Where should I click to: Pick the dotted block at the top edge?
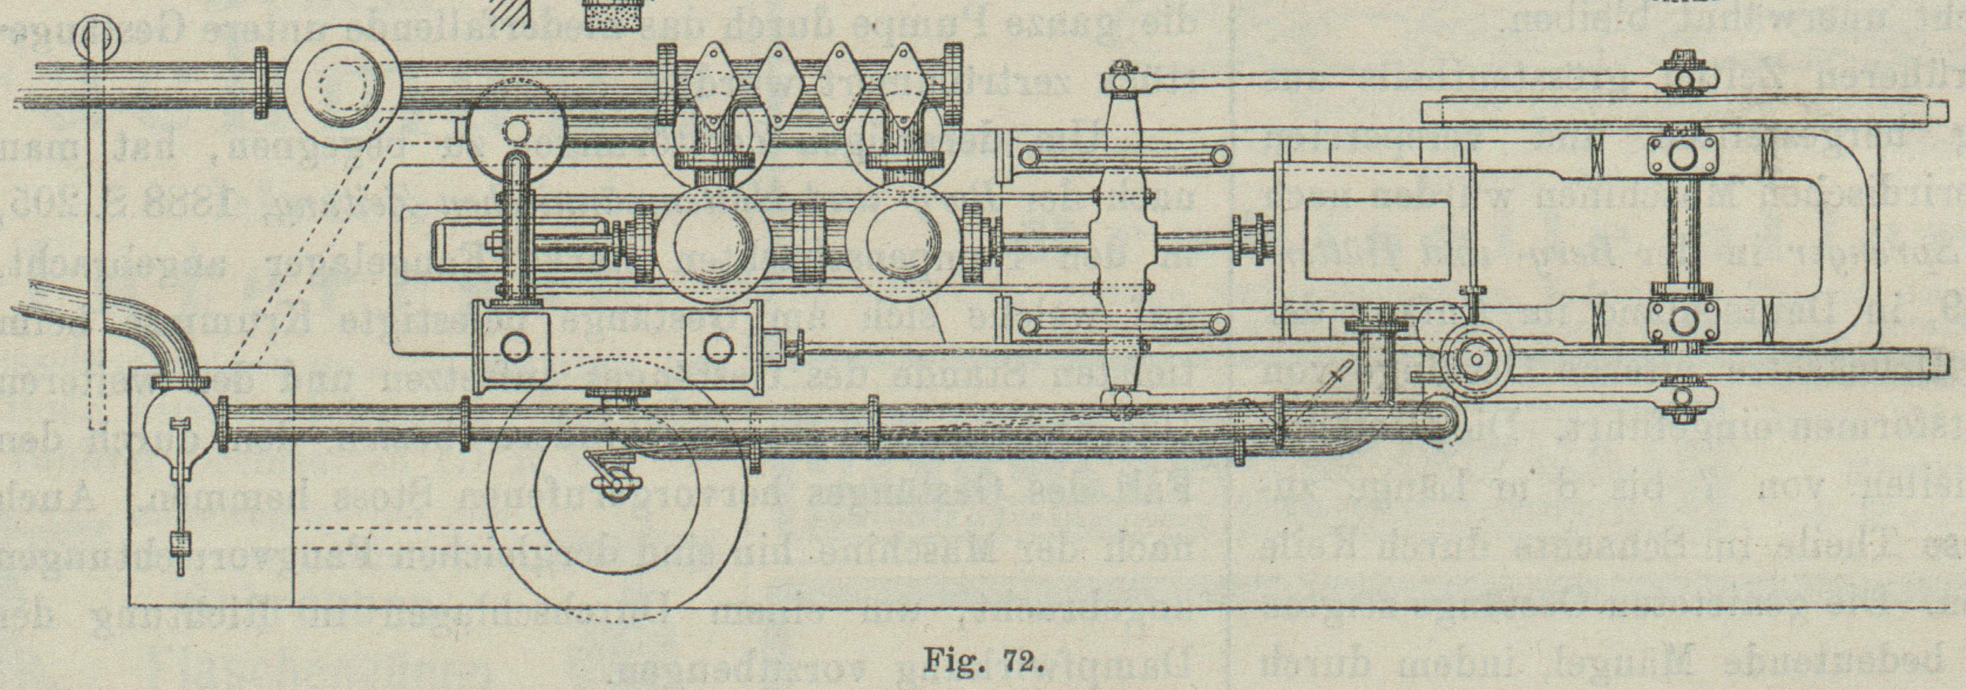pyautogui.click(x=615, y=13)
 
